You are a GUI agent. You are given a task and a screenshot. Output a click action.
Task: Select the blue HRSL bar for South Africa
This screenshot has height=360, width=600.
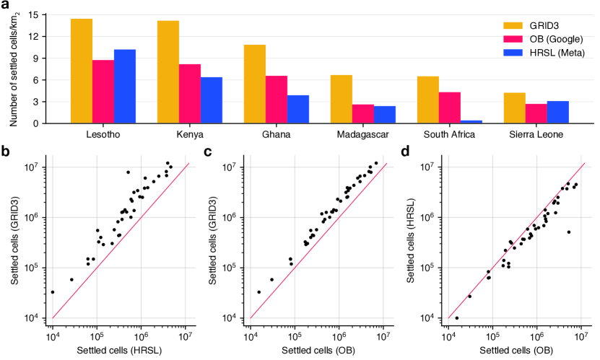point(471,121)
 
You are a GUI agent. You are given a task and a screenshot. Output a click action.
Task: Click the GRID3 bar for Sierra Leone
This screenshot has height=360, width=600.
point(514,107)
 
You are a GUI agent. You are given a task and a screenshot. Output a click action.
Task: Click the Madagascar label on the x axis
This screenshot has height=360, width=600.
point(362,135)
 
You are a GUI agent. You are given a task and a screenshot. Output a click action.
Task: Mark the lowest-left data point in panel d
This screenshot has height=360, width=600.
point(456,317)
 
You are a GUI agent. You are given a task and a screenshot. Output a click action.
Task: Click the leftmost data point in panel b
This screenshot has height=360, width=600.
point(52,292)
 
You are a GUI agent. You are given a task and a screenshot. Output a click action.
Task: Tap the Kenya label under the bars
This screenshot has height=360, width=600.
point(190,135)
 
